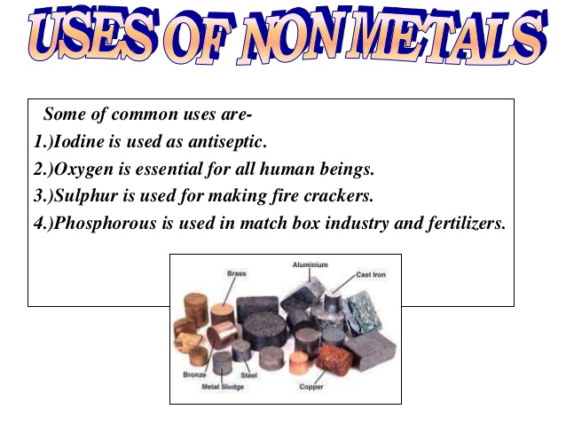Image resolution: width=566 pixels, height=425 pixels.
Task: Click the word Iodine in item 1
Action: click(79, 141)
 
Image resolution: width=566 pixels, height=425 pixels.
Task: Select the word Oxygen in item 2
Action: click(83, 169)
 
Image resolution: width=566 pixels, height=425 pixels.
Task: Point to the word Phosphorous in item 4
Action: click(105, 224)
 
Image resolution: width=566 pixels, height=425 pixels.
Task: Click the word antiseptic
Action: click(227, 142)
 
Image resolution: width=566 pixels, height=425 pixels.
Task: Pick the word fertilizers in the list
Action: click(467, 224)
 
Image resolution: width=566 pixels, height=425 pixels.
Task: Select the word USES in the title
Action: click(93, 35)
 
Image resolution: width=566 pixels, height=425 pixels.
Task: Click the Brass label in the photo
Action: click(237, 273)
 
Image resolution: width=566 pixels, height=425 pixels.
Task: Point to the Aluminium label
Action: click(311, 264)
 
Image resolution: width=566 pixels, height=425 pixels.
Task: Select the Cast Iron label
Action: click(371, 275)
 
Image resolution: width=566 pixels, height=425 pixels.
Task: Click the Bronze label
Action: click(194, 374)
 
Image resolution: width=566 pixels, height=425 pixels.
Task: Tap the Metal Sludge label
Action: click(223, 387)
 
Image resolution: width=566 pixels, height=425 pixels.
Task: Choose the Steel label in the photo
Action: click(248, 375)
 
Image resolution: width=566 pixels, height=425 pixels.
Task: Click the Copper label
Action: click(311, 387)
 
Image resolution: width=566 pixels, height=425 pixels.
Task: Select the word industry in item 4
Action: click(357, 224)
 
